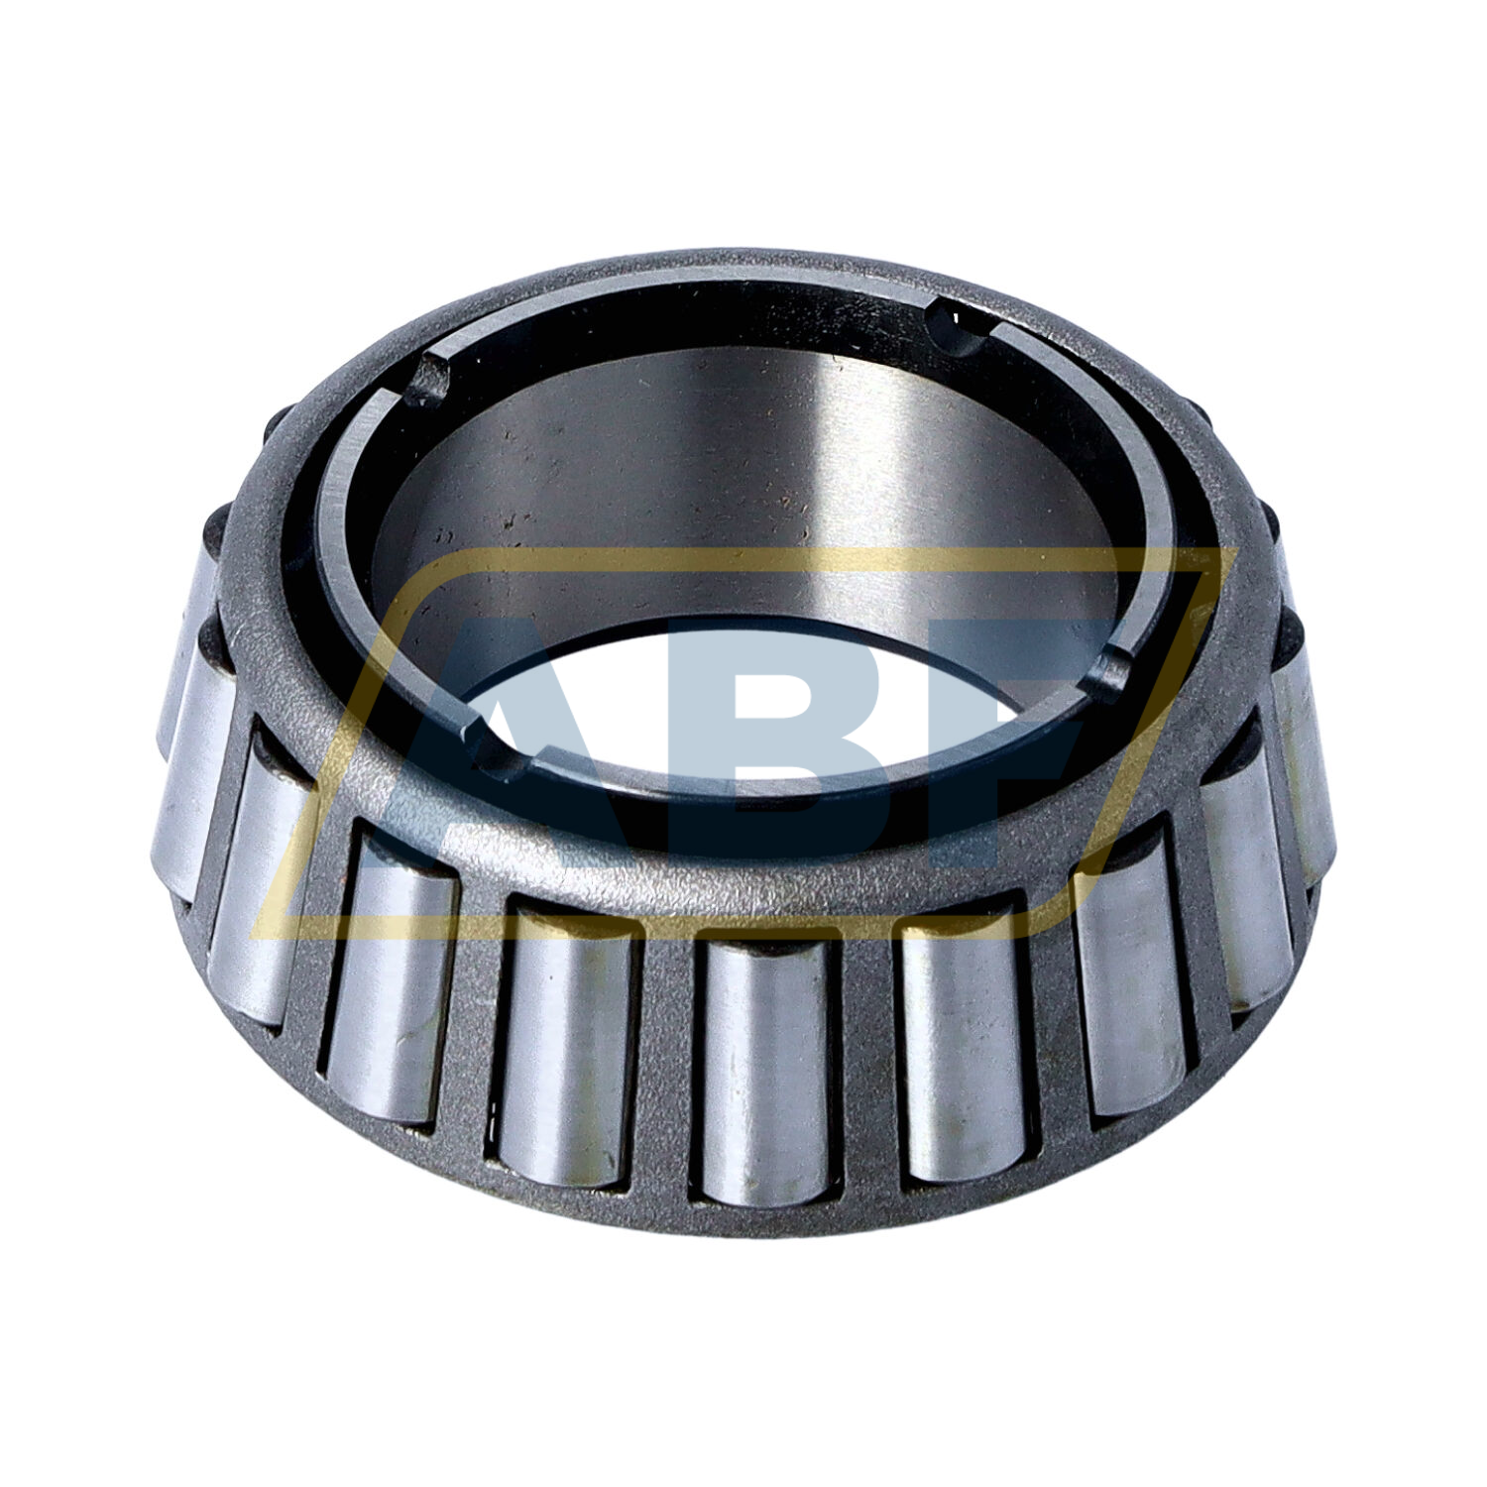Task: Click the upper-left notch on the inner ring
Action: coord(427,379)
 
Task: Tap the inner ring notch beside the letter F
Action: coord(1110,674)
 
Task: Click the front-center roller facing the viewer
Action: coord(763,1071)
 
